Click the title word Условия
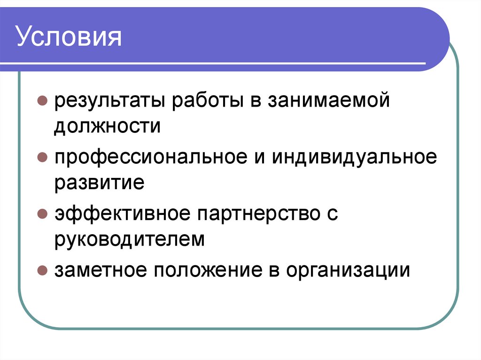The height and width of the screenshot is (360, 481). click(70, 38)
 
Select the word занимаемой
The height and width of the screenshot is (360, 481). click(329, 100)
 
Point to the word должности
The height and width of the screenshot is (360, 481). click(107, 126)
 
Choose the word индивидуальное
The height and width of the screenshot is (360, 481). click(353, 157)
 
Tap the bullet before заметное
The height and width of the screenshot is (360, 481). click(42, 271)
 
